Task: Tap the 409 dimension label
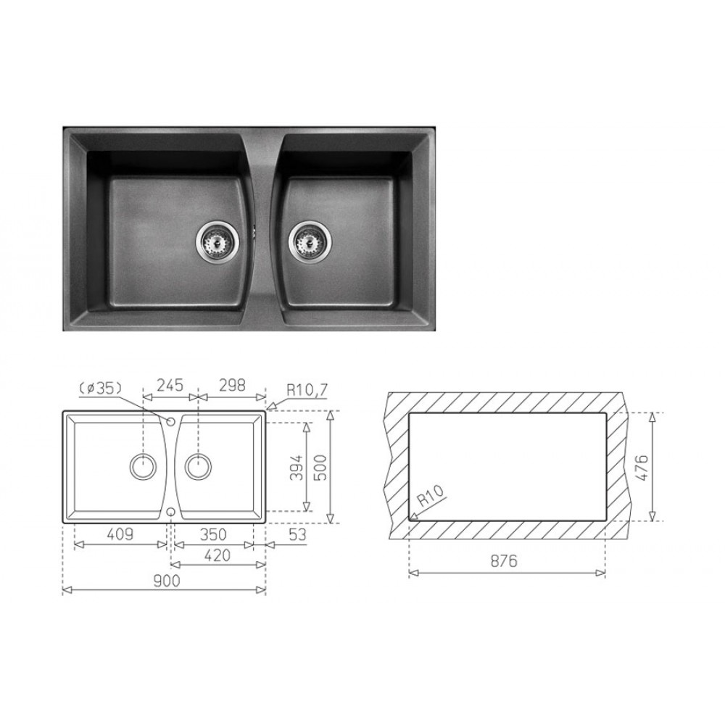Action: click(x=120, y=534)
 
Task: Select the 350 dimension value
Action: click(x=212, y=534)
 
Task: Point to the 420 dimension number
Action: click(x=217, y=555)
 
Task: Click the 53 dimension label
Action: click(x=297, y=534)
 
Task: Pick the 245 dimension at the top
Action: click(x=170, y=385)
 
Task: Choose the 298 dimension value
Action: click(x=232, y=385)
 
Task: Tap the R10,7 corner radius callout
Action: click(x=306, y=390)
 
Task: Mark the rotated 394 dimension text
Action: click(x=296, y=467)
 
